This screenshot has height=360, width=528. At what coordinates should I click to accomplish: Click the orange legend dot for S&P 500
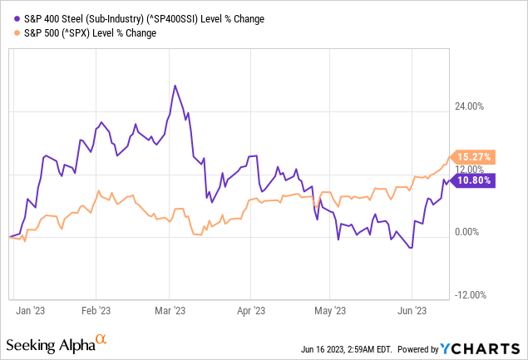point(17,33)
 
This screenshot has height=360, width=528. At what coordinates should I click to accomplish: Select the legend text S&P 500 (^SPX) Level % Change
point(91,33)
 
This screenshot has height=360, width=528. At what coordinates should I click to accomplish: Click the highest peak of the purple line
point(174,86)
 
